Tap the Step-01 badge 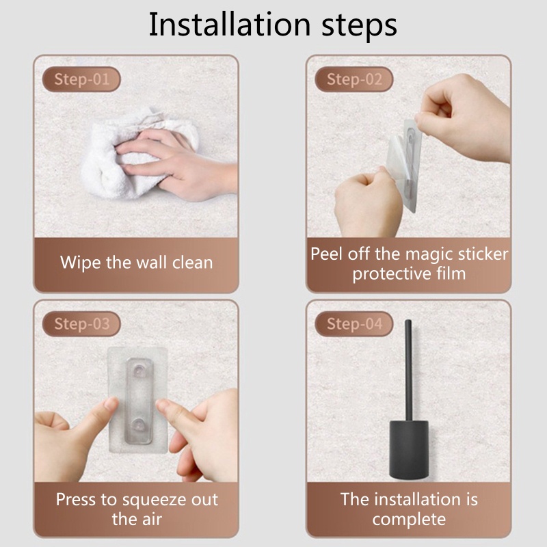click(81, 79)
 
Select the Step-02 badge click(354, 79)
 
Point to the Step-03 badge click(81, 323)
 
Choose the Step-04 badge click(354, 323)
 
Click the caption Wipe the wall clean click(136, 262)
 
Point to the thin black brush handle click(408, 369)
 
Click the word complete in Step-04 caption click(408, 519)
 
